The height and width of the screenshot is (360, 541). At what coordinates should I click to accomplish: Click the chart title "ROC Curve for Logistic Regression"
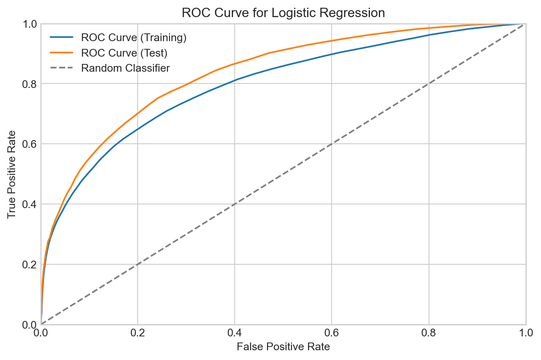click(283, 13)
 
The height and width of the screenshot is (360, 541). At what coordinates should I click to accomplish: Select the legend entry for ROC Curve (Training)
click(134, 38)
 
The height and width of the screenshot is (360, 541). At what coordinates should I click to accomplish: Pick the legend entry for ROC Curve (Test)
click(124, 53)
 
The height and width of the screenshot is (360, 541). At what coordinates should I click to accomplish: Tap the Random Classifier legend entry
click(125, 68)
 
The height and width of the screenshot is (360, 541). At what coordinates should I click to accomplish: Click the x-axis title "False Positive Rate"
click(283, 347)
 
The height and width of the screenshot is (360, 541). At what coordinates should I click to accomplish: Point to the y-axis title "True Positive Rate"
click(12, 174)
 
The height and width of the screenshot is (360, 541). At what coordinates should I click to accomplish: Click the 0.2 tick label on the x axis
click(138, 334)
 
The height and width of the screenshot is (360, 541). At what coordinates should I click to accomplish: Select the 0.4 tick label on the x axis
click(235, 334)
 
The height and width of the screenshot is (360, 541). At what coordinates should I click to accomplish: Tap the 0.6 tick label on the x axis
click(332, 334)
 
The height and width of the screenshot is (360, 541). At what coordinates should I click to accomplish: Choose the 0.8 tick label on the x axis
click(429, 334)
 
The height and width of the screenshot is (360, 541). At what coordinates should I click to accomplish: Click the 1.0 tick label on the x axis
click(525, 334)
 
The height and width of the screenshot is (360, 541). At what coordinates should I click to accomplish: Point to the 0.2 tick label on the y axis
click(30, 264)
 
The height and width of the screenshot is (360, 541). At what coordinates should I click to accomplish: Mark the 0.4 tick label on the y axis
click(30, 204)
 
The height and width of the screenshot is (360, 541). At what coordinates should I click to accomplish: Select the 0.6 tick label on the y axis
click(30, 144)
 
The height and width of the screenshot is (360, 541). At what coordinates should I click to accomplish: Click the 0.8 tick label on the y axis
click(30, 84)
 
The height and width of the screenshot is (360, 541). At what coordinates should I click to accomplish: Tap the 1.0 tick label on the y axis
click(30, 24)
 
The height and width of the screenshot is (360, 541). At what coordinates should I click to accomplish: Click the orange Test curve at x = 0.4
click(235, 64)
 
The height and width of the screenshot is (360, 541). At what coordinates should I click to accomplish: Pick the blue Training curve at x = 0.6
click(332, 55)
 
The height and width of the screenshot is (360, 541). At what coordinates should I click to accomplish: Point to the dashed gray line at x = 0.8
click(429, 84)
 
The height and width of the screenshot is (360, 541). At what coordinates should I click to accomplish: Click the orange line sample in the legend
click(62, 53)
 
